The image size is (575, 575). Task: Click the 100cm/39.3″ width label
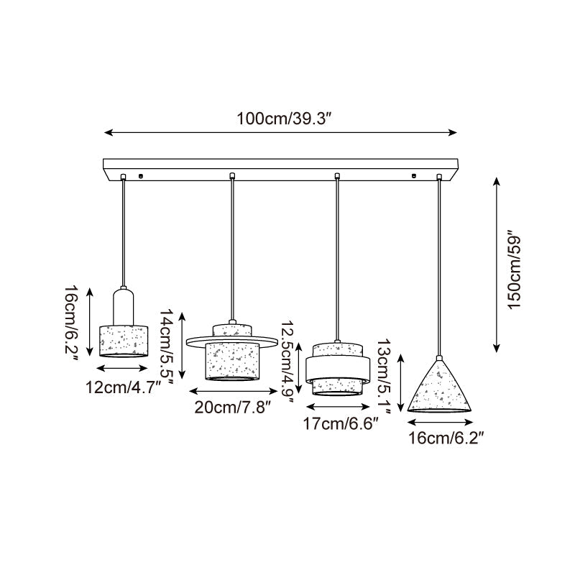pyautogui.click(x=282, y=119)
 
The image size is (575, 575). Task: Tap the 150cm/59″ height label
pyautogui.click(x=515, y=270)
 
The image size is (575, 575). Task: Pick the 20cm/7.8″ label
pyautogui.click(x=232, y=407)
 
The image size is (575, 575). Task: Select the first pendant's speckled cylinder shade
pyautogui.click(x=123, y=340)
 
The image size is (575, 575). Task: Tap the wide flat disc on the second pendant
pyautogui.click(x=231, y=340)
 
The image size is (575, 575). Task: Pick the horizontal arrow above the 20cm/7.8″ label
pyautogui.click(x=232, y=392)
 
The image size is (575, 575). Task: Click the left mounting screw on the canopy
pyautogui.click(x=141, y=175)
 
